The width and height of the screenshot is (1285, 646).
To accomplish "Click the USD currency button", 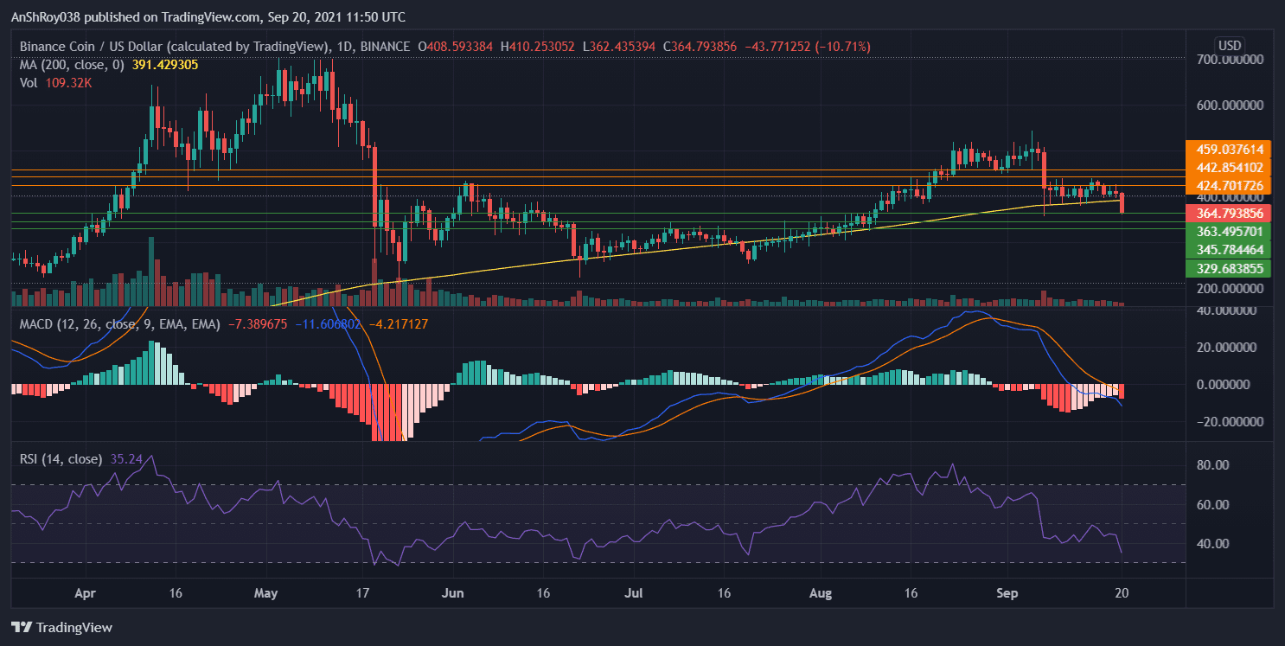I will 1229,45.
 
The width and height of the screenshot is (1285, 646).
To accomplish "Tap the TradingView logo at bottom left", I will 61,627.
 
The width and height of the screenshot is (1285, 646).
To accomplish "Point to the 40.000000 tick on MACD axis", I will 1224,310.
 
